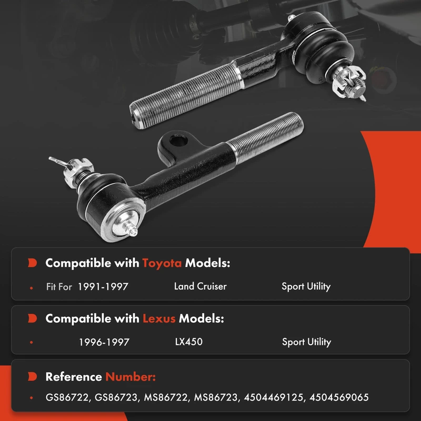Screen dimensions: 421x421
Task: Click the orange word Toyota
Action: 162,263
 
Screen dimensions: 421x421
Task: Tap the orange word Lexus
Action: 159,319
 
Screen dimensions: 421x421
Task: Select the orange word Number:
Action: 131,377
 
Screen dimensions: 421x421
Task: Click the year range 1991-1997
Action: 103,287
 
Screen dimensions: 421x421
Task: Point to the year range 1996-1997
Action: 104,343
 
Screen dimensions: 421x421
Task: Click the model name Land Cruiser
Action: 201,286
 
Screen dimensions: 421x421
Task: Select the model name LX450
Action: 189,342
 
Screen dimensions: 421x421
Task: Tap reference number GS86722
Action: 67,397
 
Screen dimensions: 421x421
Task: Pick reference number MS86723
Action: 216,397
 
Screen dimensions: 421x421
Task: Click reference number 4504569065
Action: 339,397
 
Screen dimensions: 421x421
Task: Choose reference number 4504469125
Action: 274,397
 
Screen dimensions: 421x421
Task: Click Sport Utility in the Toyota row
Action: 306,286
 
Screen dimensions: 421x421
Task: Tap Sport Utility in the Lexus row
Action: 307,342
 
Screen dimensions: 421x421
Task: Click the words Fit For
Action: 59,287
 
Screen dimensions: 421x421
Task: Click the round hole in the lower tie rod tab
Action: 178,141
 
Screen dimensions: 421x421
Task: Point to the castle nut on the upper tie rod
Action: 348,82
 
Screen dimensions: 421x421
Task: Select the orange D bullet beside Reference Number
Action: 32,376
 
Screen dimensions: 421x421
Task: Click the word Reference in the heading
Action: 74,377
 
